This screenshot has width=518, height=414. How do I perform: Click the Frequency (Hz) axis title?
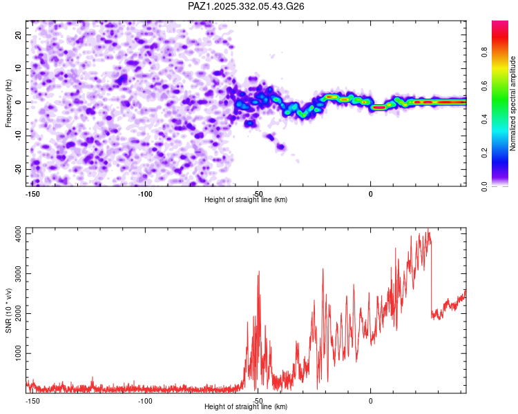click(x=8, y=103)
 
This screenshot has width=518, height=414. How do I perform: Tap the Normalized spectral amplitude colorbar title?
click(x=513, y=103)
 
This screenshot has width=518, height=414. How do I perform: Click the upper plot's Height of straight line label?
click(x=246, y=200)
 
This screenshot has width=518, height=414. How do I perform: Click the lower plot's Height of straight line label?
click(x=246, y=407)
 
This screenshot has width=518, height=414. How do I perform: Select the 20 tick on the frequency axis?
click(x=19, y=34)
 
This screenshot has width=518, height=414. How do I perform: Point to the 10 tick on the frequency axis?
click(x=19, y=68)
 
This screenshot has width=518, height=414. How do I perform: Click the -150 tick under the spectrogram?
click(x=32, y=194)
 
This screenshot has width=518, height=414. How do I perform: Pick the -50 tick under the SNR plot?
click(x=257, y=401)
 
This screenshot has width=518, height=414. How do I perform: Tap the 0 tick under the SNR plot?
click(x=370, y=401)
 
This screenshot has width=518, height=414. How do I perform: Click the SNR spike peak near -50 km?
click(x=258, y=272)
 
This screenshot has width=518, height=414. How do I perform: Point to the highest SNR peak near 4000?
click(x=429, y=230)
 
